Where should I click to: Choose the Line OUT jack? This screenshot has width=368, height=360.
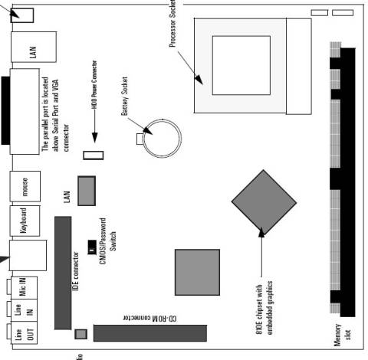click(20, 335)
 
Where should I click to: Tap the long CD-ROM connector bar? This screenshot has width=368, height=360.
click(150, 332)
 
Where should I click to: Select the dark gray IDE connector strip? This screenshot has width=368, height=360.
click(61, 272)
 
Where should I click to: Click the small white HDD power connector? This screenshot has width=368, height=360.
click(94, 155)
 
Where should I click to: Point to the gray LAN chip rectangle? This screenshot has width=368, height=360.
click(87, 191)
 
